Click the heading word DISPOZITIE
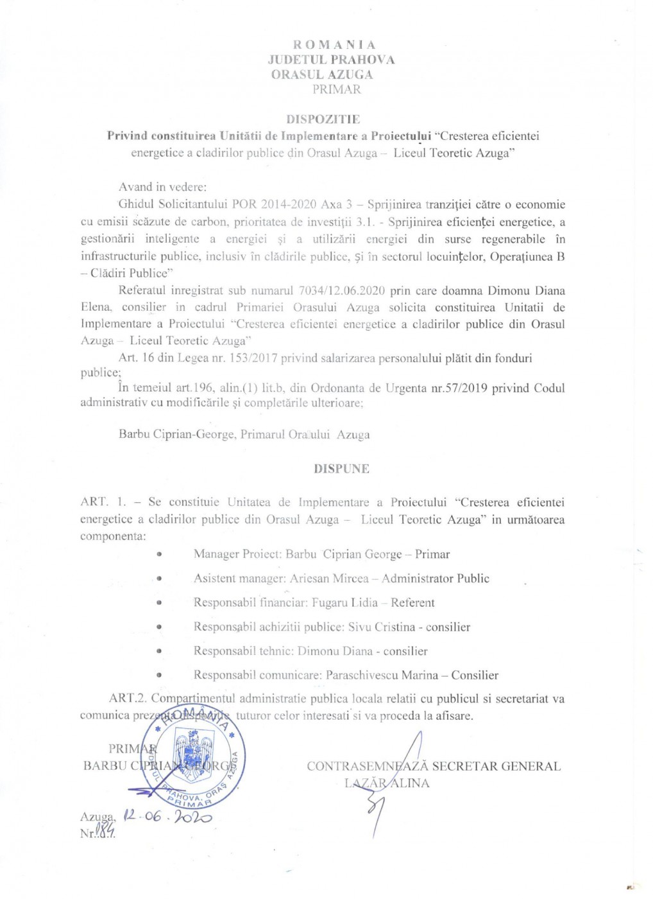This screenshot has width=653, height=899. coord(323,119)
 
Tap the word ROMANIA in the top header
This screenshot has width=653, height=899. coord(334,44)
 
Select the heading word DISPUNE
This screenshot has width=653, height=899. coord(341,469)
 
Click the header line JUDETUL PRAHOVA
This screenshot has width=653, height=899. coord(331,60)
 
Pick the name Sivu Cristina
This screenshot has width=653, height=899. coord(381,627)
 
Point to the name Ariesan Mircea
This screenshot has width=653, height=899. coord(329,579)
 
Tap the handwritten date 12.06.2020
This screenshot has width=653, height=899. coord(167,816)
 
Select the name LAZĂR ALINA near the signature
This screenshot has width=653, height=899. coord(387,783)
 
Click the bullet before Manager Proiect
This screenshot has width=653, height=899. coord(158,554)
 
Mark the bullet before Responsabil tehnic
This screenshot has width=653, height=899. coord(158,651)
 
